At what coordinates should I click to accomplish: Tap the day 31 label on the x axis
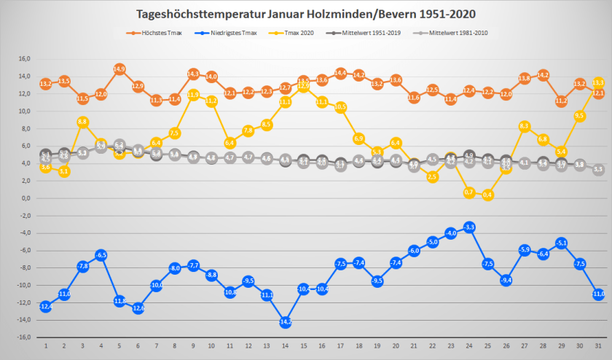[598, 347]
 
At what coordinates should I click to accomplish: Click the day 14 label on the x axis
[285, 347]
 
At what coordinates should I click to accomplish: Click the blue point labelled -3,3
[469, 227]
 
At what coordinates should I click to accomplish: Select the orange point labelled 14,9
[119, 69]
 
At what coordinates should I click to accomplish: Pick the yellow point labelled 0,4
[487, 195]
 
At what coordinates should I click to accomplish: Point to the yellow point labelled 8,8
[82, 122]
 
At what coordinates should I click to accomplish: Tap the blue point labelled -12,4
[45, 306]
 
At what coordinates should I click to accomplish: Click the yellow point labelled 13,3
[598, 82]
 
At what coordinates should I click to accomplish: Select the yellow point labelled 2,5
[433, 176]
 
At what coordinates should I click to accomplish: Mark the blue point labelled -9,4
[506, 280]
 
